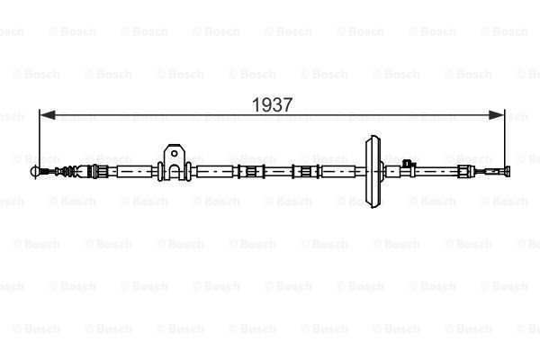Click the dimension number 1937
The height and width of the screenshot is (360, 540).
point(272,104)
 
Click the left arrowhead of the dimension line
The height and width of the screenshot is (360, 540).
point(48,115)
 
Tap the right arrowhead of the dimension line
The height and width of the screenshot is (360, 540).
point(497,115)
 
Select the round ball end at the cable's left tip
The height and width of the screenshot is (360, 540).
point(35,171)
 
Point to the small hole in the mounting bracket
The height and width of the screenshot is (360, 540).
point(175,153)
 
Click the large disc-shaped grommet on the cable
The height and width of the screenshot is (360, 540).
point(373,171)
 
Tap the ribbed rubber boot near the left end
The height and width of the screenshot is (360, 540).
point(68,171)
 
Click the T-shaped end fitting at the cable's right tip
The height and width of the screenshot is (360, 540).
point(508,171)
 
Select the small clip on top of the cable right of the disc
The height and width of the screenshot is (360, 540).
point(407,163)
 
